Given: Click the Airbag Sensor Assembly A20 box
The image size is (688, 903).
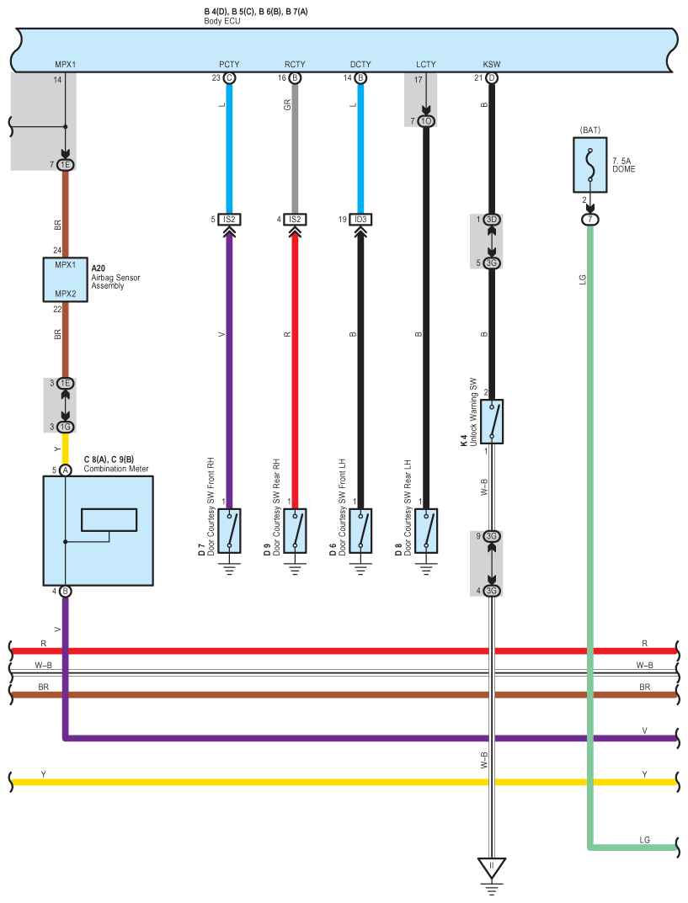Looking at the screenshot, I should coord(66,279).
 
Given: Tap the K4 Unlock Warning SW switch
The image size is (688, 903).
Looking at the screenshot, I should coord(493,421).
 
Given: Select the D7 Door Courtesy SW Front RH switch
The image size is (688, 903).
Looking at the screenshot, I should coord(229,530).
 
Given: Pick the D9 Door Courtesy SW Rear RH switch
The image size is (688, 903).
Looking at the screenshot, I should coord(295,530).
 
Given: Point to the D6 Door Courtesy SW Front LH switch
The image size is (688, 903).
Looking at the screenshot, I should coord(360,530).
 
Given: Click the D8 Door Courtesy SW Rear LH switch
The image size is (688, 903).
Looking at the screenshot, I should coord(426,530).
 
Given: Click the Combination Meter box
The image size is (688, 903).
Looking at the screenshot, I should coord(98,530).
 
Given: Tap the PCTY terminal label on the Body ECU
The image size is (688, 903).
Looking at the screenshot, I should coord(229,64).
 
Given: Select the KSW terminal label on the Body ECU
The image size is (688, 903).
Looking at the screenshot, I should coord(491,64).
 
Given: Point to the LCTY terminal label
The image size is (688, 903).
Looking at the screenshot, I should coord(426,64).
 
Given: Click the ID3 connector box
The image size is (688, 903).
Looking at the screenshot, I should coord(360,220).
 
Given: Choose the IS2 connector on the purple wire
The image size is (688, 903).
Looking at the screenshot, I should coord(229,220).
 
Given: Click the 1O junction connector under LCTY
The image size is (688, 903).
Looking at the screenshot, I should coord(426,121).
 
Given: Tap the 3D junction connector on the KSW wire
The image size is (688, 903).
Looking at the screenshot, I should coord(492,220).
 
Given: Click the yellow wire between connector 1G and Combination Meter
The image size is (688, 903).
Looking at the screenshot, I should coord(66,449).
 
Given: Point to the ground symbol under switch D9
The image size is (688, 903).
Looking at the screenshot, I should coord(295,568).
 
